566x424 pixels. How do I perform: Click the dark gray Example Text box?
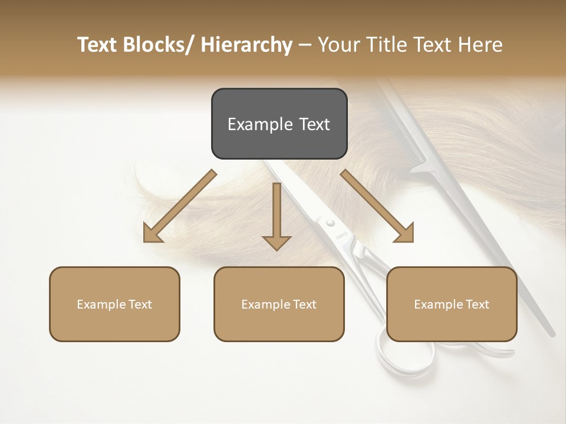[279, 124]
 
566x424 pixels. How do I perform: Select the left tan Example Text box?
[114, 304]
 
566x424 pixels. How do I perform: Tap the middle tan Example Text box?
[279, 304]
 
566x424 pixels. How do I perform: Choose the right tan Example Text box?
[452, 304]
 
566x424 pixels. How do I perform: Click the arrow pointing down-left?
[179, 206]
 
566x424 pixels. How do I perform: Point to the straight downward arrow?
[277, 216]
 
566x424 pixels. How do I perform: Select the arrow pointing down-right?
[377, 206]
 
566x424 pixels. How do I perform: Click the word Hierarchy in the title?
[246, 45]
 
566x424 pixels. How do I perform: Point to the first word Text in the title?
[98, 45]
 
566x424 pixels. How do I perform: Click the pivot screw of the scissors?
[330, 223]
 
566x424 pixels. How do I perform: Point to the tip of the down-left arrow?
[146, 240]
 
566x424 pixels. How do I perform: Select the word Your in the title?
[337, 45]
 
